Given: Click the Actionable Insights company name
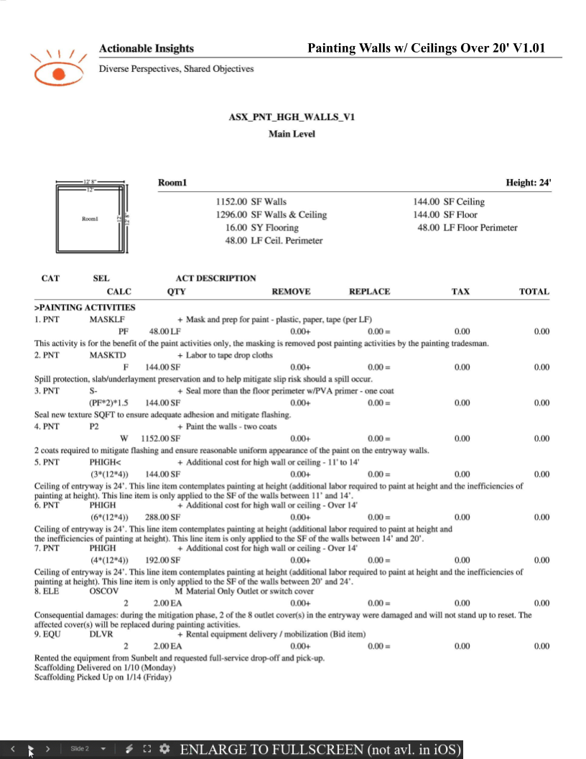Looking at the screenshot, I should point(146,49).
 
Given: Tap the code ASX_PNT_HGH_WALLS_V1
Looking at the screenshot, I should point(292,117).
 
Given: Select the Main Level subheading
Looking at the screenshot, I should point(292,134).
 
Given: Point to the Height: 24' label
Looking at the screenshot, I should point(528,183).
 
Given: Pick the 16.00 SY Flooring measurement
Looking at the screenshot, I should point(252,228).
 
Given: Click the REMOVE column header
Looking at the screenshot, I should point(291,292).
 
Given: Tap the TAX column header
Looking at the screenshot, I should point(460,292).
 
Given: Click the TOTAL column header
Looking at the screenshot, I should point(534,292).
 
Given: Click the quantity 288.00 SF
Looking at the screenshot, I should point(163,517).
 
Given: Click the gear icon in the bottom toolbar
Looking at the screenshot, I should point(164,749).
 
